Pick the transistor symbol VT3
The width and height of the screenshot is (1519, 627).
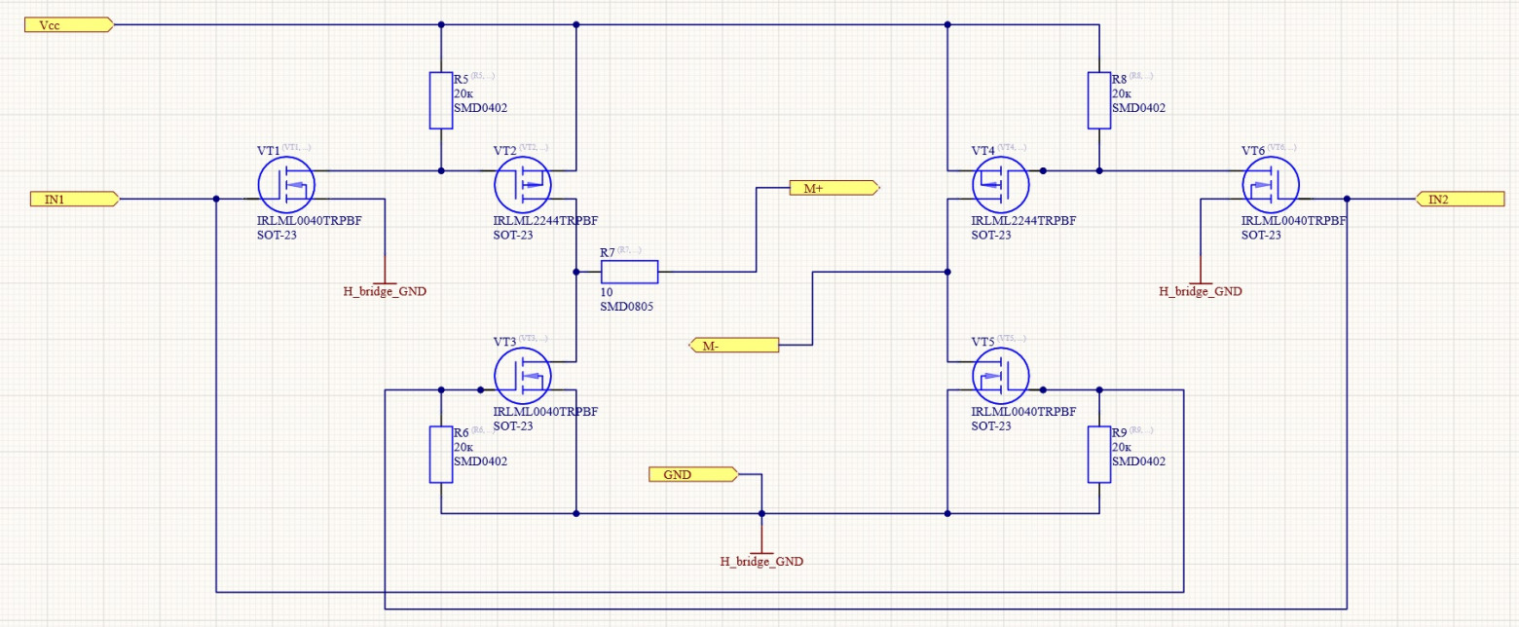pos(523,376)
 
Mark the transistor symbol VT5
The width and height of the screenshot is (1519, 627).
pos(1001,376)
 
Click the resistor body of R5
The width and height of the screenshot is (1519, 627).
pos(441,100)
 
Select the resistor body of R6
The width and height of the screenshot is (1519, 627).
pos(441,455)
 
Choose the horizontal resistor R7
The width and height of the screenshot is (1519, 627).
pos(629,272)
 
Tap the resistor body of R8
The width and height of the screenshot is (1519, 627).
pos(1099,100)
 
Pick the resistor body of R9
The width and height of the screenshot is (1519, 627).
pos(1099,455)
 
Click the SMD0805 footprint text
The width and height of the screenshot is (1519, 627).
pos(627,307)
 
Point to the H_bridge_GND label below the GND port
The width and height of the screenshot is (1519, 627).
pos(761,562)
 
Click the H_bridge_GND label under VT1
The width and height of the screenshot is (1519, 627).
pos(385,291)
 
